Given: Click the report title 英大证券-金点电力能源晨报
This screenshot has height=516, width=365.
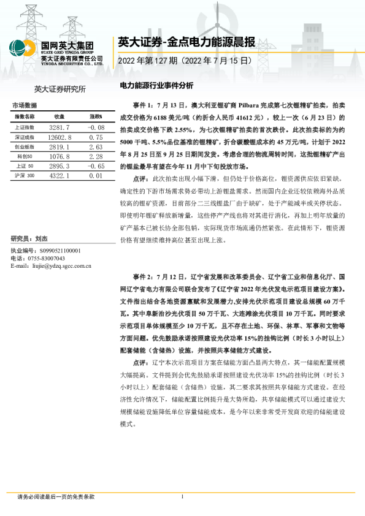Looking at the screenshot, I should point(185,42).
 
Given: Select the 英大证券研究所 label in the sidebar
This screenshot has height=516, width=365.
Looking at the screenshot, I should point(60,89).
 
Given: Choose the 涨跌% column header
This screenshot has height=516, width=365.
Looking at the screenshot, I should point(95,116).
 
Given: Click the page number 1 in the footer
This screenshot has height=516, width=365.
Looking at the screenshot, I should point(182,497).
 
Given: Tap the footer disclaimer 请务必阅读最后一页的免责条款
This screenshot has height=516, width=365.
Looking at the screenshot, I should point(56,497).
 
